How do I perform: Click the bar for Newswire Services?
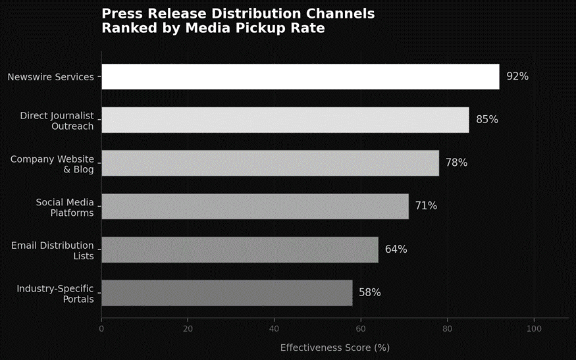tap(300, 76)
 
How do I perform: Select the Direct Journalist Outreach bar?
tap(285, 120)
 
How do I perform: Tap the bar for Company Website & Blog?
tap(270, 163)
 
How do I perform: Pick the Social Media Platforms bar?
tap(255, 206)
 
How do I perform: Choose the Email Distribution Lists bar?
tap(240, 249)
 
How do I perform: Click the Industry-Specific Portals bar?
tap(226, 293)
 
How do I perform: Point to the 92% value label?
tap(517, 76)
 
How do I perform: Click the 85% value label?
tap(487, 120)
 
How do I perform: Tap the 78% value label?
tap(456, 163)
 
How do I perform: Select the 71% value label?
tap(426, 206)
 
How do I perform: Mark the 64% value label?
tap(396, 249)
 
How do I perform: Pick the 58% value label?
tap(369, 293)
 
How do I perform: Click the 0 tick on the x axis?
tap(101, 328)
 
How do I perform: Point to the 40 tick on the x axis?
tap(275, 328)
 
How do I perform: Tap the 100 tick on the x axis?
tap(534, 328)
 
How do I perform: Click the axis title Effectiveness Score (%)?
tap(335, 347)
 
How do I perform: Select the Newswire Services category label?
tap(51, 77)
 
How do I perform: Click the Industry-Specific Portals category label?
tap(55, 294)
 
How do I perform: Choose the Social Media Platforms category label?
tap(65, 207)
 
